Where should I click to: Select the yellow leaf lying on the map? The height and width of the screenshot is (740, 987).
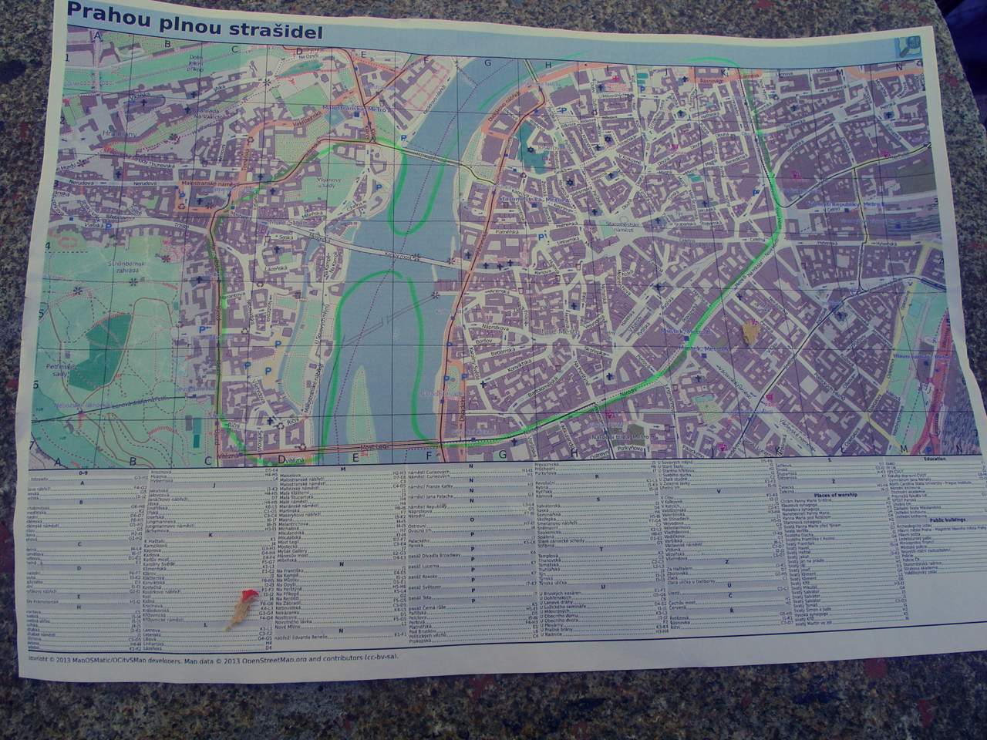(x=748, y=331)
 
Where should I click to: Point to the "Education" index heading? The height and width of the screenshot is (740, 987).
(x=933, y=459)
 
